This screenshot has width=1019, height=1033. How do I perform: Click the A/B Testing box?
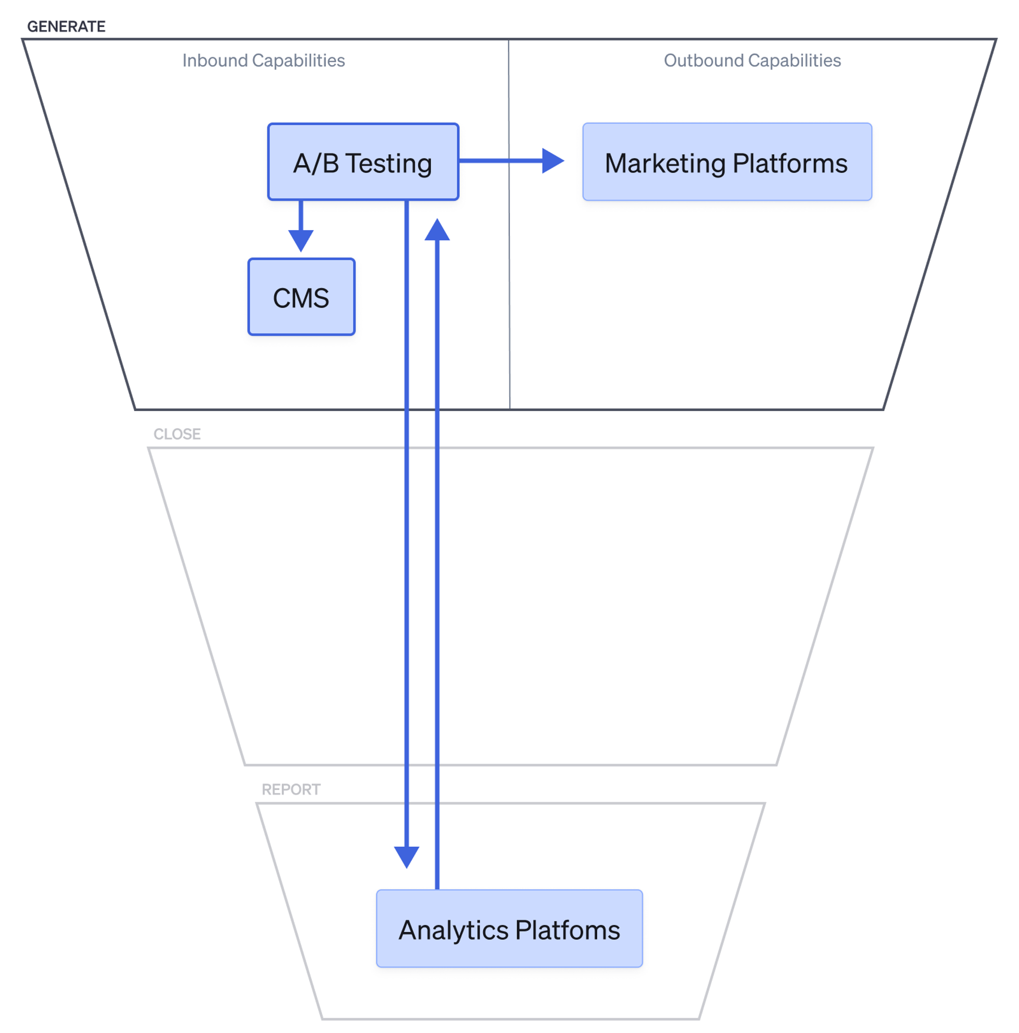pos(363,161)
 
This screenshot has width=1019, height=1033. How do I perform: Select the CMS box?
pos(301,297)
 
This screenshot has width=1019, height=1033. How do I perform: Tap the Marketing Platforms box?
pos(727,161)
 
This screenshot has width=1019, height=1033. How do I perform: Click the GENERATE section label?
pos(66,26)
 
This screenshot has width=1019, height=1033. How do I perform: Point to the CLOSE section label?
pos(177,433)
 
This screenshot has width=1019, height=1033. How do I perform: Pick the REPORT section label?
pos(291,789)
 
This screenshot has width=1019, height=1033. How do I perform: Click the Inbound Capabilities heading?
pos(263,61)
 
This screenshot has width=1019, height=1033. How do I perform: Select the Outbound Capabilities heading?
pos(752,61)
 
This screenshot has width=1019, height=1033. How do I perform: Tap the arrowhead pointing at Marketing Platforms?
pos(552,160)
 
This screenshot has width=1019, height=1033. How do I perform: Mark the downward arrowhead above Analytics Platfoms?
pos(406,856)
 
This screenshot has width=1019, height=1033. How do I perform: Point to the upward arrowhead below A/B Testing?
pos(437,230)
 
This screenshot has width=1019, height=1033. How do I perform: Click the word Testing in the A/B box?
pos(389,163)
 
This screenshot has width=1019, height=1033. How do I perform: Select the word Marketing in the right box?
pos(665,163)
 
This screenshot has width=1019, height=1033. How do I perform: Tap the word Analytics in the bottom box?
pos(453,930)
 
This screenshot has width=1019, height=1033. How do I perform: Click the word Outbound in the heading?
pos(703,61)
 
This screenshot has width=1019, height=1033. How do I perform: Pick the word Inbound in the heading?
pos(214,61)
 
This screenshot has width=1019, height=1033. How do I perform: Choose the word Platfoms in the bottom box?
pos(568,930)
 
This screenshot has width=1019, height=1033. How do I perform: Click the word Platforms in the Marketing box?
pos(790,163)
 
